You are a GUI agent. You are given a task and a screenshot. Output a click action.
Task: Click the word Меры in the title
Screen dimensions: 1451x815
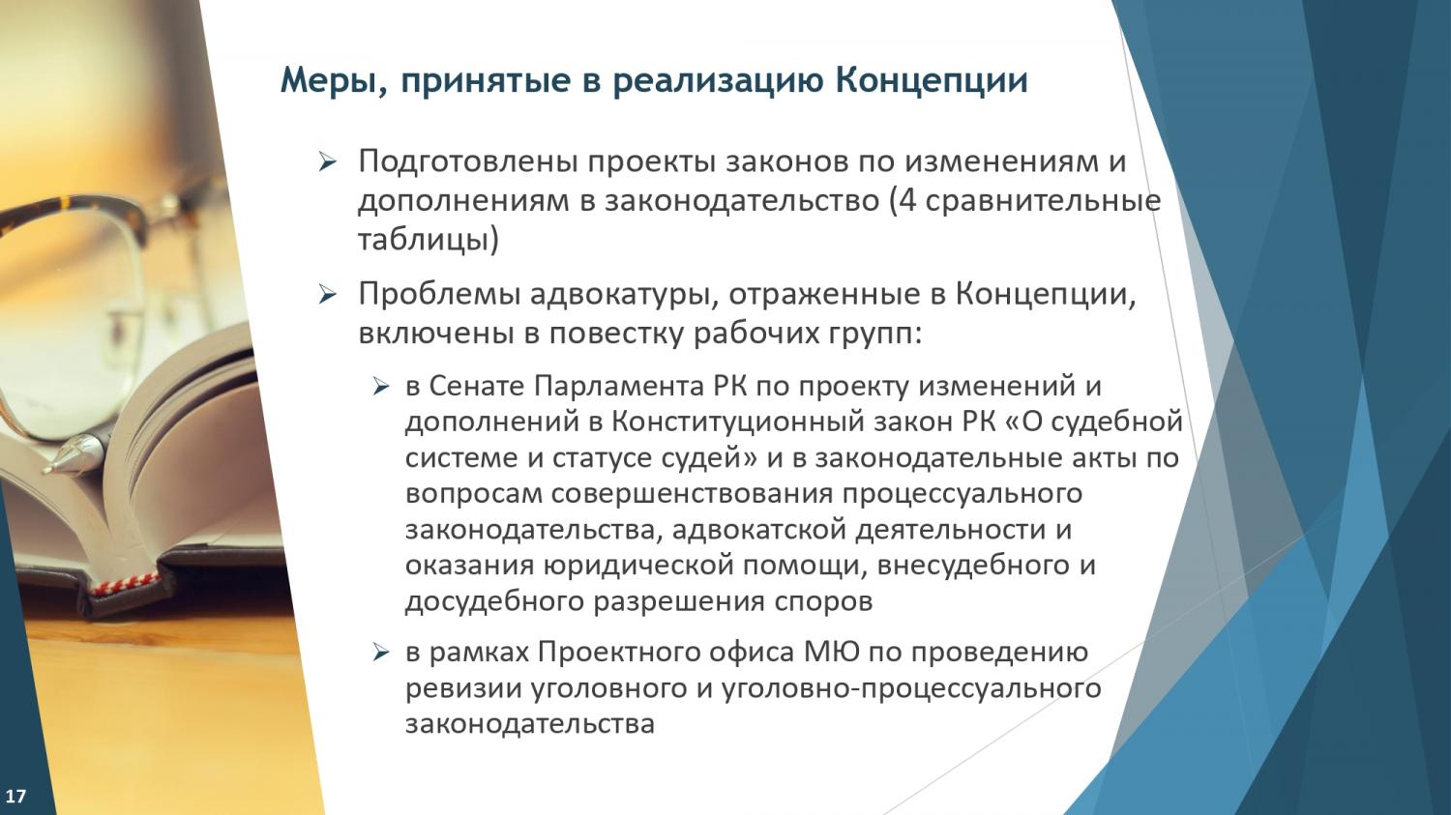(329, 81)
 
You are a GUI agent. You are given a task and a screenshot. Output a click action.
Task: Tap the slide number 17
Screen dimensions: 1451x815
(15, 796)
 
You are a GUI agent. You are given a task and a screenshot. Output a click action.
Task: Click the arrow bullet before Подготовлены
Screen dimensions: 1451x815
(328, 161)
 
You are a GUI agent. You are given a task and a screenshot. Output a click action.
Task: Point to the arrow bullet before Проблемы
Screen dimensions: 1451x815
(328, 295)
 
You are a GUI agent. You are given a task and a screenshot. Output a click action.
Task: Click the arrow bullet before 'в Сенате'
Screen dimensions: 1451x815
(380, 388)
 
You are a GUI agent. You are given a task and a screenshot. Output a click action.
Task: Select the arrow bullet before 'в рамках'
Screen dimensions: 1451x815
(380, 654)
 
